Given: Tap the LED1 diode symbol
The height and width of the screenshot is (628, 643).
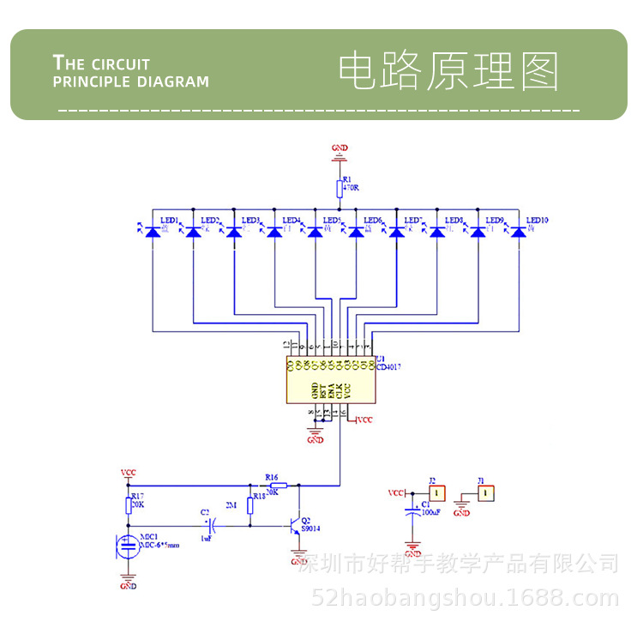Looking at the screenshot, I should (153, 232).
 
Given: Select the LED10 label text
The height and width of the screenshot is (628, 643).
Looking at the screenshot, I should (538, 220).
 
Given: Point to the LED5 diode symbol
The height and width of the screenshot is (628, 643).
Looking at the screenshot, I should (315, 232).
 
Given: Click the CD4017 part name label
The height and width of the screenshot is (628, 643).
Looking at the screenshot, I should (388, 366).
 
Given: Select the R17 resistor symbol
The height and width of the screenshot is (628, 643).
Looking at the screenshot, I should (129, 505).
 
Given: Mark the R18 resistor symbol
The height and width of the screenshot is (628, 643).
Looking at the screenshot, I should (250, 504).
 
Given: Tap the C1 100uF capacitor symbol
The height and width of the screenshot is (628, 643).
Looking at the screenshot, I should (412, 512).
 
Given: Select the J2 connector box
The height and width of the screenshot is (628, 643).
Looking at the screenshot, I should (437, 493).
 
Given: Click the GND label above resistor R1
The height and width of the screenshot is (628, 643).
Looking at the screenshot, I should (340, 148).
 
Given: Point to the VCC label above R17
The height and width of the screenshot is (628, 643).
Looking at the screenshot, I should (129, 473).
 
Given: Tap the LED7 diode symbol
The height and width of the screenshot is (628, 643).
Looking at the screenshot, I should (396, 232).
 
